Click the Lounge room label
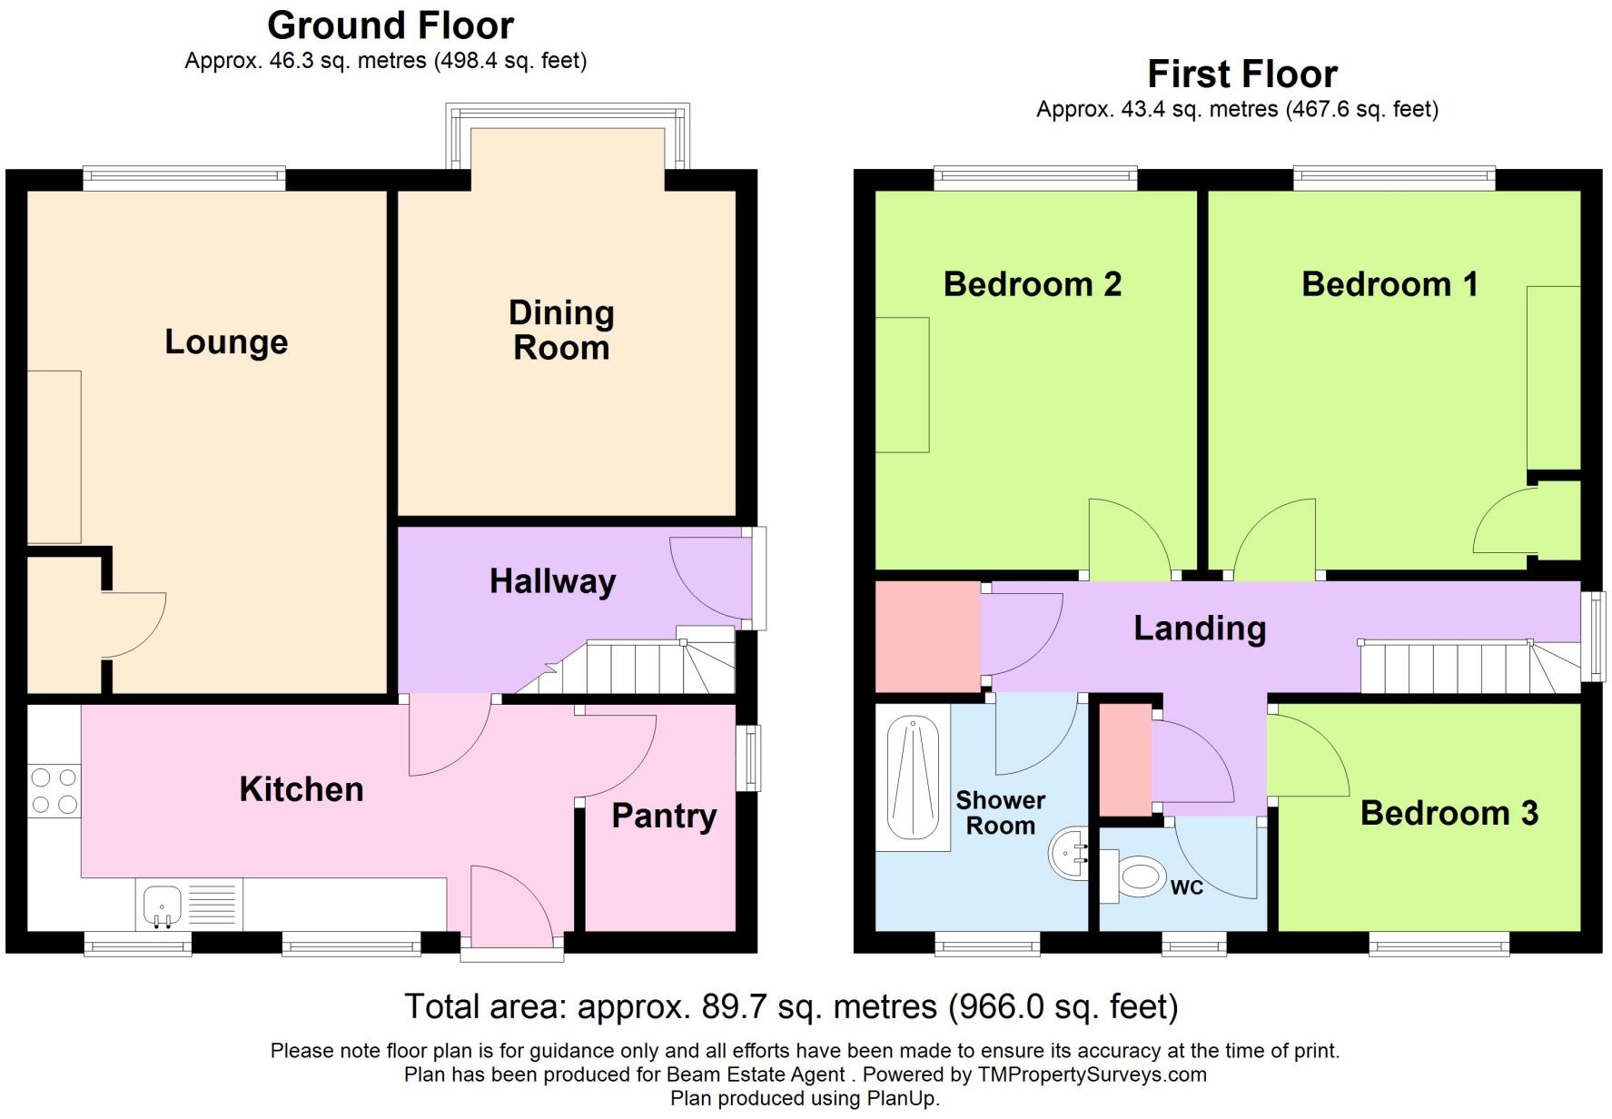226,342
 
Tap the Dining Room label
561,330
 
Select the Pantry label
664,816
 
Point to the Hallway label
552,581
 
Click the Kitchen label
302,789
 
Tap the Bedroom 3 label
1449,813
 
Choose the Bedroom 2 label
1033,284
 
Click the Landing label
1200,629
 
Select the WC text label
1187,887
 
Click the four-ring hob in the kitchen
54,791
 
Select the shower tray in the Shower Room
913,778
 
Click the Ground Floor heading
391,25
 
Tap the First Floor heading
1242,74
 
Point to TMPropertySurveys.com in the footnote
1092,1074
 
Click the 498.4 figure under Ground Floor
469,61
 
